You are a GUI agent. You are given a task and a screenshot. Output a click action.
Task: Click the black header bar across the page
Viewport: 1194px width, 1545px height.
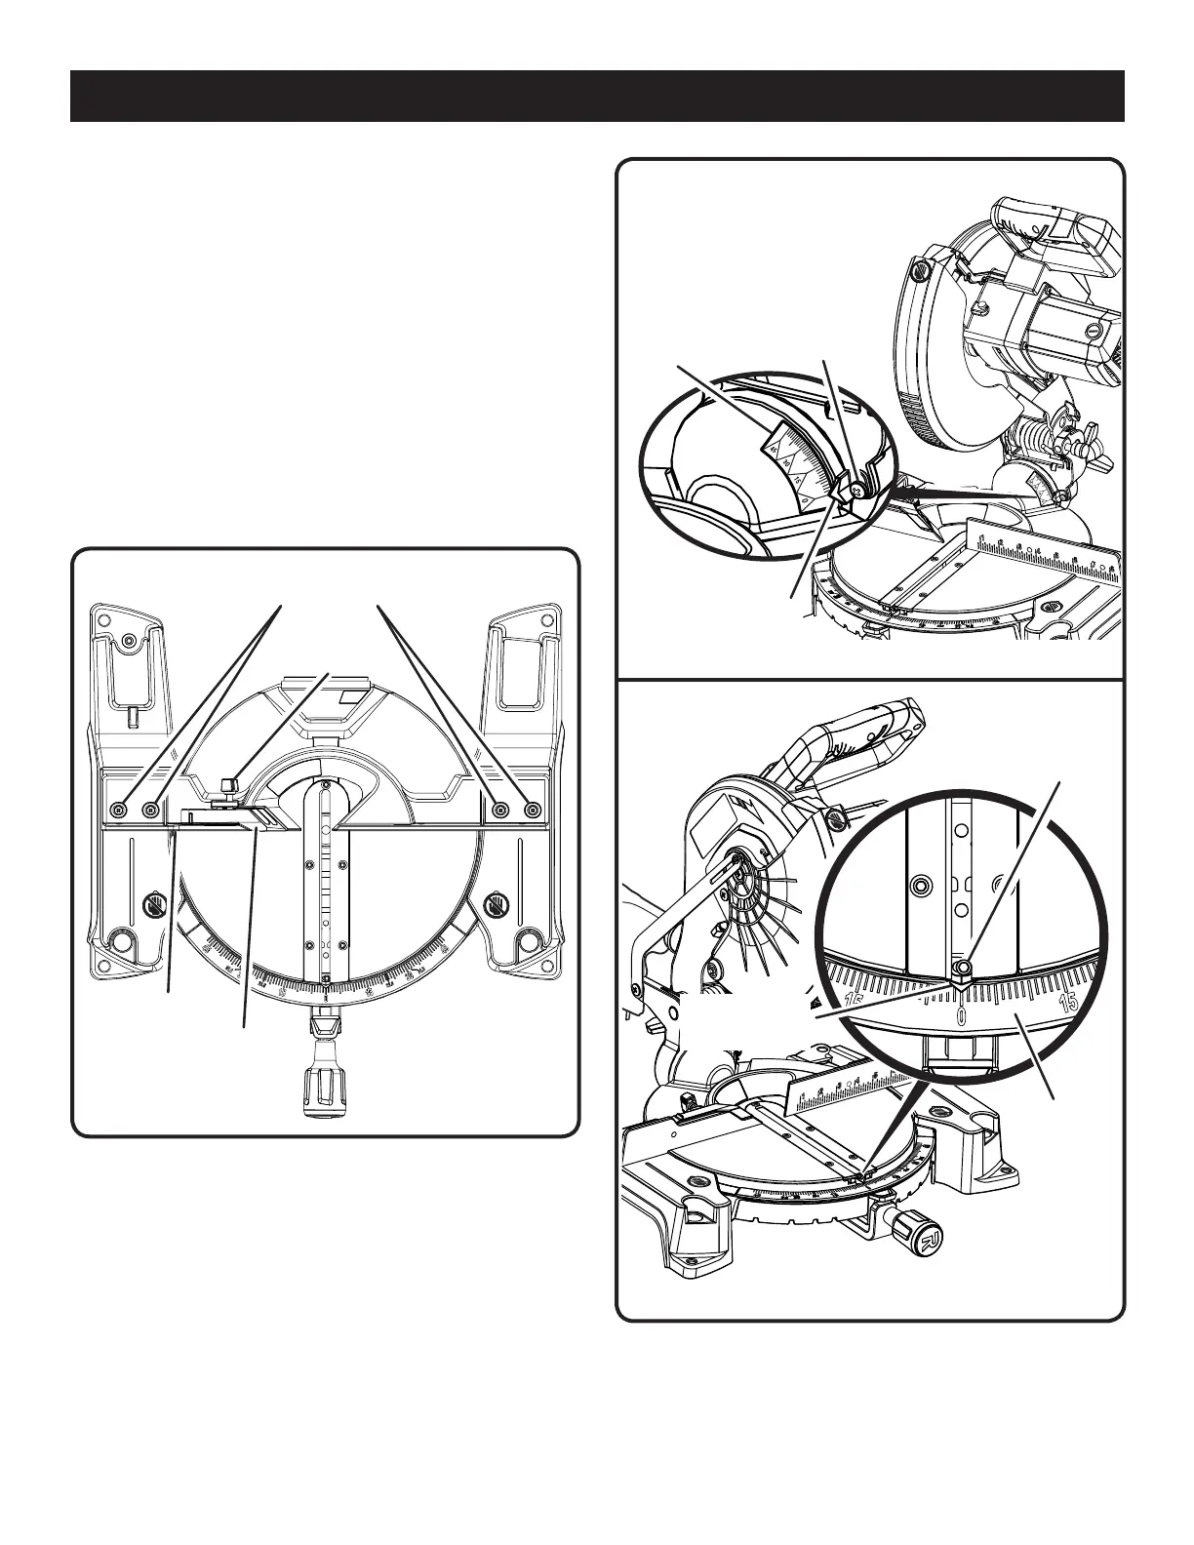point(597,96)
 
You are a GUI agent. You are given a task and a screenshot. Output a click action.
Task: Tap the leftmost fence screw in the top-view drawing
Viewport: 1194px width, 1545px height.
point(119,809)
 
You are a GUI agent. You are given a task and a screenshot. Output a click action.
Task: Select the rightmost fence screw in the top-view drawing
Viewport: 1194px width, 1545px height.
point(533,809)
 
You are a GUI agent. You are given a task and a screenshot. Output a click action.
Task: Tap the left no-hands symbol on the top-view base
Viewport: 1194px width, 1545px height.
point(152,906)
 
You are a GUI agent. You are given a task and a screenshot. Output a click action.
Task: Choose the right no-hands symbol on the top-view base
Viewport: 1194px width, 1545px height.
point(497,906)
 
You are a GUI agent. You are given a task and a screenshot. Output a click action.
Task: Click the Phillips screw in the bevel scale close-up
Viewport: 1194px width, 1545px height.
point(856,493)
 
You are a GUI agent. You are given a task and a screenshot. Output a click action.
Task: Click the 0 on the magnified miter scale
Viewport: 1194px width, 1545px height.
point(962,1016)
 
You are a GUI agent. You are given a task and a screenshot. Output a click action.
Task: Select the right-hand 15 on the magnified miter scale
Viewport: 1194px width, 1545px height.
point(1068,1002)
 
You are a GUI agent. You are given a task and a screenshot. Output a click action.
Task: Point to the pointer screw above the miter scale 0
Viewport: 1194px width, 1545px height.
point(963,968)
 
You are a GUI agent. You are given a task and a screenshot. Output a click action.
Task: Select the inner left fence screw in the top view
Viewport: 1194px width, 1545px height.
point(151,809)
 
